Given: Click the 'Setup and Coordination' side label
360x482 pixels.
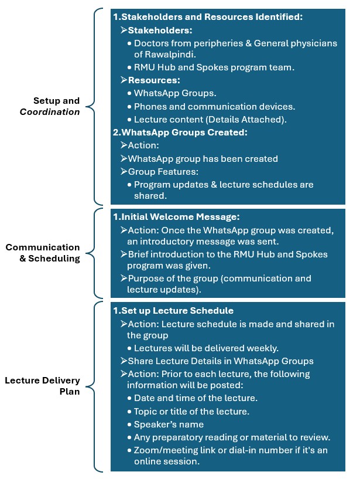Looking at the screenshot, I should point(57,106).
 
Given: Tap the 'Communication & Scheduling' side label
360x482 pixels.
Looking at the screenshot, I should point(43,253).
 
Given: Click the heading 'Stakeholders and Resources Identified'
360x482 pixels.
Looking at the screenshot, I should point(211,17).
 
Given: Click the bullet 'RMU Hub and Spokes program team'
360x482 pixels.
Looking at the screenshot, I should point(214,67).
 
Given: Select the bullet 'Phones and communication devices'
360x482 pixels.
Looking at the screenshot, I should point(214,106).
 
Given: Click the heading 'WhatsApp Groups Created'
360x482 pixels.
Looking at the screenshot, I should point(185,132).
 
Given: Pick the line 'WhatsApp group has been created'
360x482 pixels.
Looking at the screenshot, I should point(203,158).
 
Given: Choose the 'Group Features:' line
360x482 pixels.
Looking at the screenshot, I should point(164,171).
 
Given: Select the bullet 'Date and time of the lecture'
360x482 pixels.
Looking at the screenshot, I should point(196,398).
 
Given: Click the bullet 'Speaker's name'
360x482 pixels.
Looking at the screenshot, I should point(169,424).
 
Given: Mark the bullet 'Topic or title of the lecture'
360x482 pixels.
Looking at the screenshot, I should point(191,411).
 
